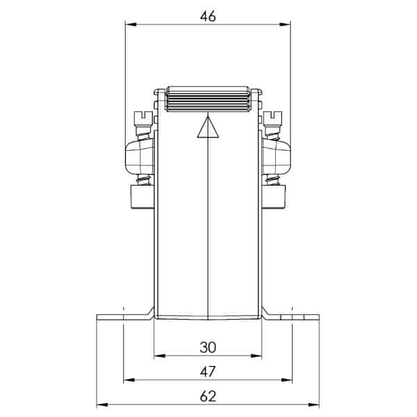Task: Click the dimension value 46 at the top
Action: pyautogui.click(x=207, y=16)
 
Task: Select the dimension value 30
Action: pyautogui.click(x=207, y=347)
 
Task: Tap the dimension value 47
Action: pyautogui.click(x=207, y=372)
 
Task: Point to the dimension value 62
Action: pyautogui.click(x=207, y=396)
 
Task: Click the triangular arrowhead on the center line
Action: pyautogui.click(x=207, y=129)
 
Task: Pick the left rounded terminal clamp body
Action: pyautogui.click(x=140, y=156)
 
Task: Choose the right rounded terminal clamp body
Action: pyautogui.click(x=275, y=156)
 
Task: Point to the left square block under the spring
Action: pyautogui.click(x=140, y=197)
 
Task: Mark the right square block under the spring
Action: pyautogui.click(x=275, y=197)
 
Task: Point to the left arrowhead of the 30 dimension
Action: pyautogui.click(x=158, y=356)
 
